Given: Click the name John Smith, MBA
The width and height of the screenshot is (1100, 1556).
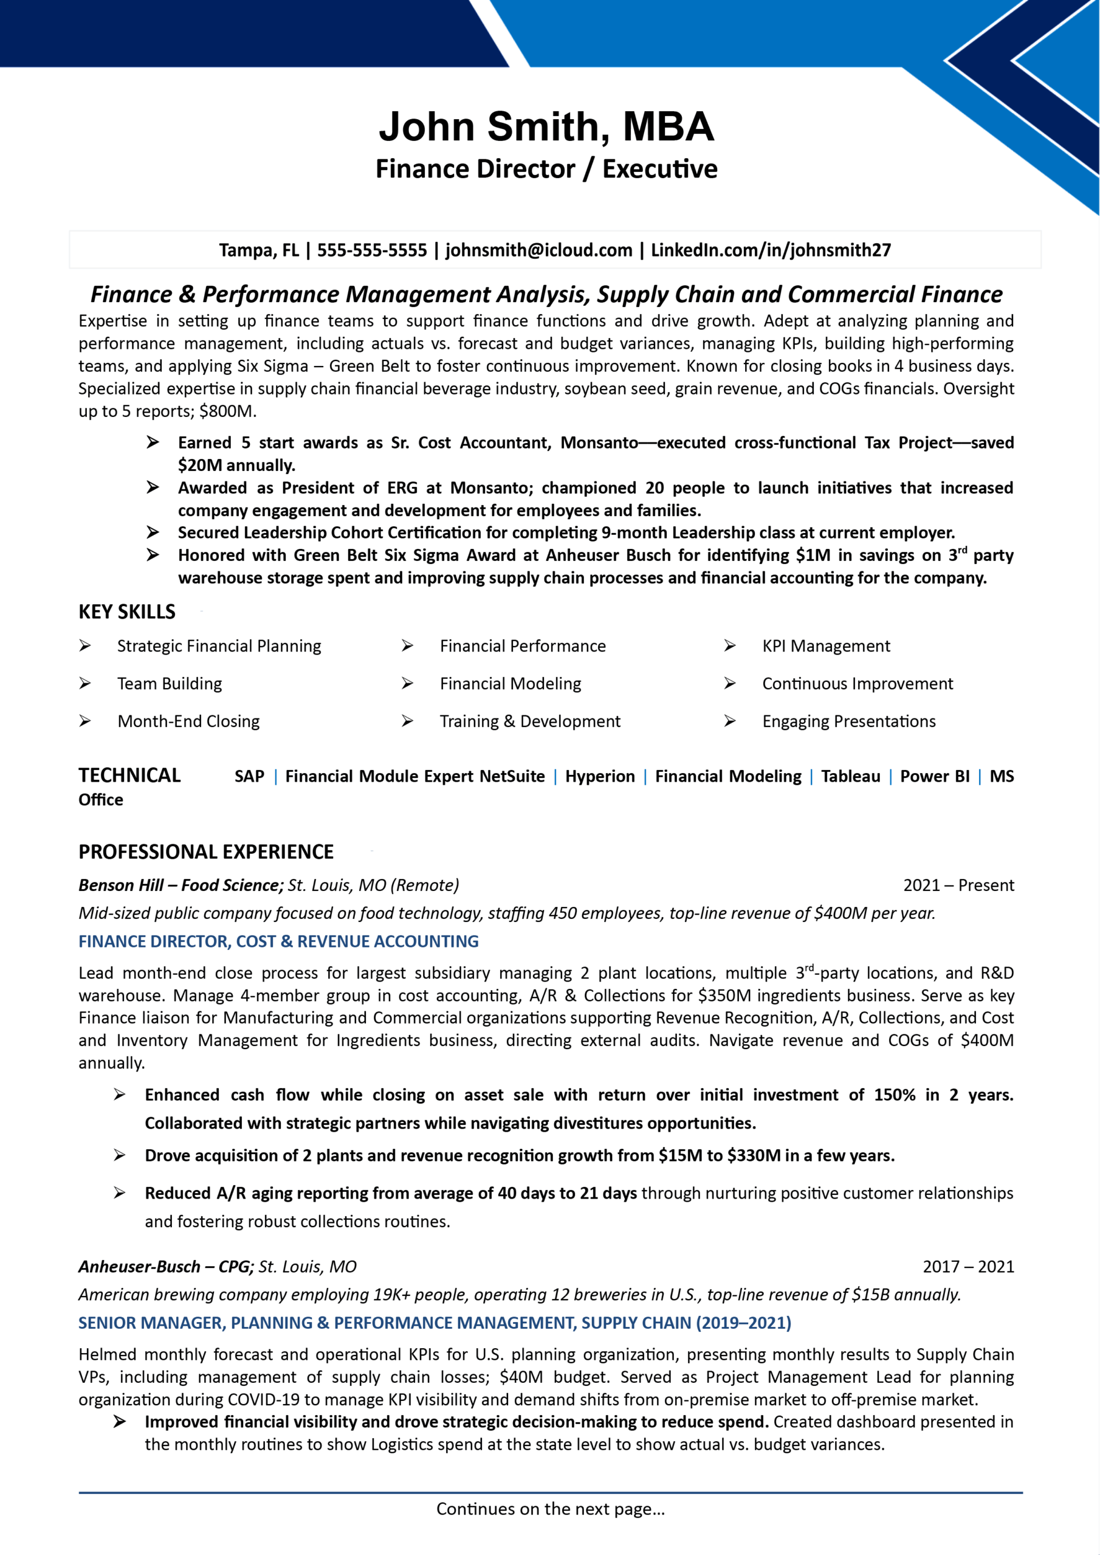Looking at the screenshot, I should (x=546, y=127).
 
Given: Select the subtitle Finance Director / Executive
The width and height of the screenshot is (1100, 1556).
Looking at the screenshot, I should (x=546, y=169).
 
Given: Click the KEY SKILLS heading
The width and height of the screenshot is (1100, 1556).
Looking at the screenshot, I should (x=127, y=612).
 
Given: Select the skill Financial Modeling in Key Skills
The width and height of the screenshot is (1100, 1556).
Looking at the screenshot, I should (x=510, y=684).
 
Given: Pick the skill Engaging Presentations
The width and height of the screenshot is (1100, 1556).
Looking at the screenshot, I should (x=848, y=721).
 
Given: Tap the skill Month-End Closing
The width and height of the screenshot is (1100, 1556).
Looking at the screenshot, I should (x=188, y=721).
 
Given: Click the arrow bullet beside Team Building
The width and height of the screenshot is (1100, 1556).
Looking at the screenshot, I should (x=84, y=684).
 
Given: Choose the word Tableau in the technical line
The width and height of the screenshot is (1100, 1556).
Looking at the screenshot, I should (x=851, y=776).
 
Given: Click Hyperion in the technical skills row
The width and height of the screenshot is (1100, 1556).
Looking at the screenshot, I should (x=600, y=776).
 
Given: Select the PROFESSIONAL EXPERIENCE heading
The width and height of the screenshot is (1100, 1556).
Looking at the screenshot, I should (x=206, y=852).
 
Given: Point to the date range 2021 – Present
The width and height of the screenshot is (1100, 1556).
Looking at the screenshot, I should (x=958, y=885).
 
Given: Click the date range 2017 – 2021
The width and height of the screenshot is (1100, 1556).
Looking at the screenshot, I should (x=968, y=1267).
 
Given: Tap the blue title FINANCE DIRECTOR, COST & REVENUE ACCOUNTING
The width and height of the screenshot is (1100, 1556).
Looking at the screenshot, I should (x=278, y=942).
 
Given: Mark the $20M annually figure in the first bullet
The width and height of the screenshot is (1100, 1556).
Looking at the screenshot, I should (x=236, y=466).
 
